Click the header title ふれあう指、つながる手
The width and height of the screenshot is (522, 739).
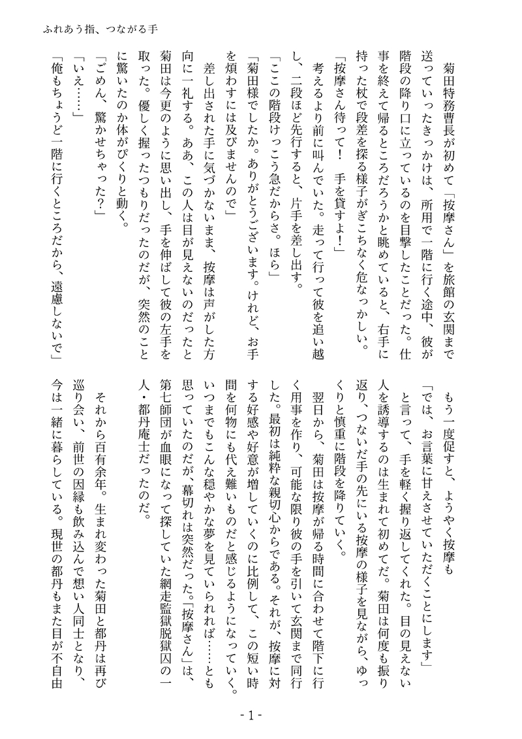point(98,30)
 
